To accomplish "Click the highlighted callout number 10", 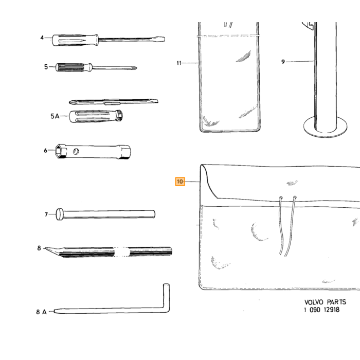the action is point(180,182).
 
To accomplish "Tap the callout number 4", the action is point(42,38).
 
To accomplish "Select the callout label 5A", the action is point(55,116).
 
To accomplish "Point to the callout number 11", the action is point(179,63).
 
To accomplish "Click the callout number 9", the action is point(283,62).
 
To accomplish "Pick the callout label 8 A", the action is point(41,312).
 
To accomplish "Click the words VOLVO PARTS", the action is point(325,302).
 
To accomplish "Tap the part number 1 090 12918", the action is point(321,310).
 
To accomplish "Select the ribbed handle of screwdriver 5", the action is point(70,67).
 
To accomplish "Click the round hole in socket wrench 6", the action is point(76,151).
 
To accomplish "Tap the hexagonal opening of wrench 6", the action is point(60,151).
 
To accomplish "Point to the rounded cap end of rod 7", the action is point(60,214).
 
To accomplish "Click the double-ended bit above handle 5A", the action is point(114,101).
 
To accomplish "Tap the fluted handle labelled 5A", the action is point(96,116).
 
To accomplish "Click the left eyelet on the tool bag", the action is point(281,197).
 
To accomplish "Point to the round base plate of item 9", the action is point(325,128).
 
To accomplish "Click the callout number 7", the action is point(46,214).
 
